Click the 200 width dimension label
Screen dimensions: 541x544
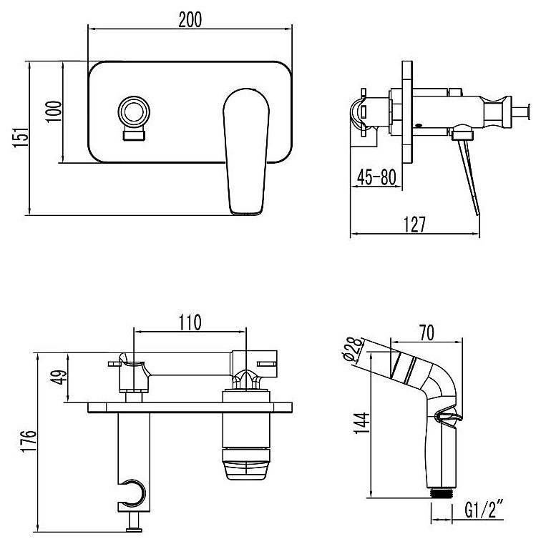click(190, 19)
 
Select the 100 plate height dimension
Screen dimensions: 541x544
click(54, 112)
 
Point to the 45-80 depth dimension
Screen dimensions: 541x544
click(376, 177)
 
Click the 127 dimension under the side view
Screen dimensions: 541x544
click(414, 224)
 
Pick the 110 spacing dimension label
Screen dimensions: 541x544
click(190, 322)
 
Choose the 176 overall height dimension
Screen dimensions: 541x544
click(29, 441)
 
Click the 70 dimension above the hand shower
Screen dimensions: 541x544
click(427, 332)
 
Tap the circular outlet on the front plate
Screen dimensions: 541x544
click(134, 112)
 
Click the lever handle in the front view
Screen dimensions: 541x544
click(246, 152)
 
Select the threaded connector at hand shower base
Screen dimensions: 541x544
click(441, 493)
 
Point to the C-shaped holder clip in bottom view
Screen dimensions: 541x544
click(134, 492)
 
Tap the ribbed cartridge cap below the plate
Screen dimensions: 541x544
click(246, 464)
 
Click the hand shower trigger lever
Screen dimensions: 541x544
click(448, 417)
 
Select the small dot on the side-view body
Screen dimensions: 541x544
click(419, 125)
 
